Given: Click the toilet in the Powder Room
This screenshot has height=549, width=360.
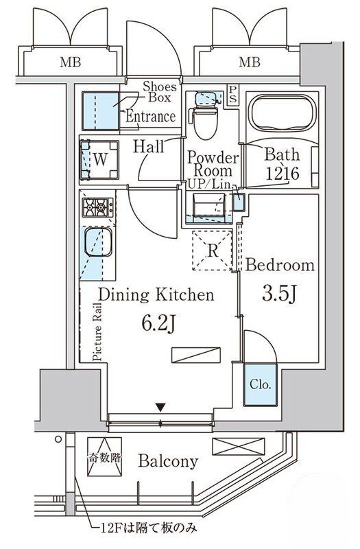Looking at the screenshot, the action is pos(206,119).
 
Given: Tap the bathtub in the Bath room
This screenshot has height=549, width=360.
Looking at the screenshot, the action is pos(283,112).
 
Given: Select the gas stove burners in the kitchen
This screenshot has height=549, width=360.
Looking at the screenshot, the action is pos(98,207).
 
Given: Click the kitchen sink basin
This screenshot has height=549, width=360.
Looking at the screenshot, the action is pos(98,242).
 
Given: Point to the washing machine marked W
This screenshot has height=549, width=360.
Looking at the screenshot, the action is pos(99,160).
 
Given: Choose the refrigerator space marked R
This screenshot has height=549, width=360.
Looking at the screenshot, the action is pos(213,250).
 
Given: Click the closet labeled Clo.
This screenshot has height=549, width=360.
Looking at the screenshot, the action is pos(261,385).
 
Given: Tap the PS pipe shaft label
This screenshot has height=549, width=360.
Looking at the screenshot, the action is pos(232,95).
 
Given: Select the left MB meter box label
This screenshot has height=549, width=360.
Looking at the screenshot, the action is pos(71,62).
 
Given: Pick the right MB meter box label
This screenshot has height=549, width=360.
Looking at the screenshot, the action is pos(250,62).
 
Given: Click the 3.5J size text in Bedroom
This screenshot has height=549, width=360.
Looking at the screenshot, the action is pos(280,294).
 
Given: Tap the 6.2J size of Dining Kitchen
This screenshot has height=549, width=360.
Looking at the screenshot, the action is pos(158,323).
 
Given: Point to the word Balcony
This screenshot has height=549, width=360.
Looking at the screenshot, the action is pos(168,461).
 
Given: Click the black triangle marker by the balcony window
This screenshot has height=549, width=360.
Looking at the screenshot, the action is pos(160,407).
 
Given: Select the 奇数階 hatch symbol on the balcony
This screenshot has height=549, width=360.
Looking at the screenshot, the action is pos(105,456).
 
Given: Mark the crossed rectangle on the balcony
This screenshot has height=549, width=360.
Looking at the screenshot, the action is pos(239,447).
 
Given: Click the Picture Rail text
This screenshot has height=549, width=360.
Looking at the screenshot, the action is pos(97,332).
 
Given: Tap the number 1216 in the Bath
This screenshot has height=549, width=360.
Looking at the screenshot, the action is pos(283,173).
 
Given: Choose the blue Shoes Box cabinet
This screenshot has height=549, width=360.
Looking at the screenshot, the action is pos(100,110).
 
